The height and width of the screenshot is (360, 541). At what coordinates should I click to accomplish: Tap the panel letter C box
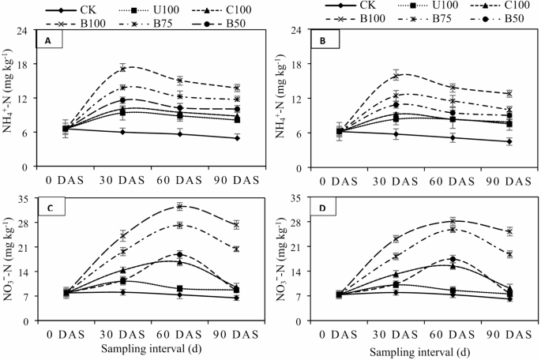tap(50, 209)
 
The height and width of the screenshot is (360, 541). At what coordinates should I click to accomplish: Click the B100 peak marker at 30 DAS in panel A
tap(122, 68)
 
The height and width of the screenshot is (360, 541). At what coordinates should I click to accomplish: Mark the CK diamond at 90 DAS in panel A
tap(237, 138)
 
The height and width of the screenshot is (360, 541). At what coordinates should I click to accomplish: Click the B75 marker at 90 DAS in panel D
tap(509, 254)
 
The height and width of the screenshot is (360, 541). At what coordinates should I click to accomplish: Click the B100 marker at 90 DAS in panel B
tap(509, 94)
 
